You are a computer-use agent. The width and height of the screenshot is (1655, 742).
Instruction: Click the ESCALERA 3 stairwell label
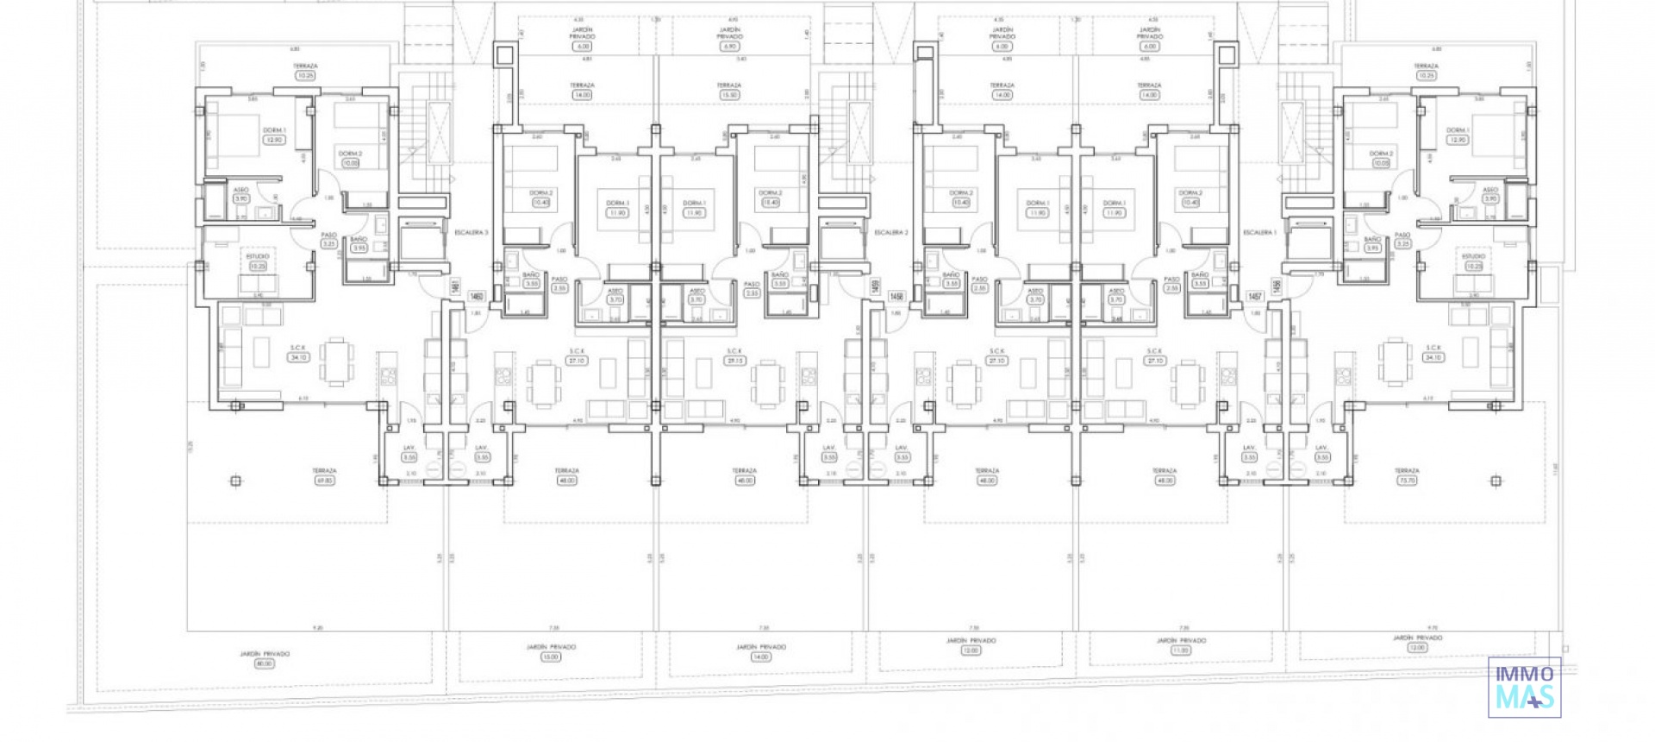click(472, 233)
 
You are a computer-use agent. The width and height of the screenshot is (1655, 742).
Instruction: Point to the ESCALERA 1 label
click(1259, 233)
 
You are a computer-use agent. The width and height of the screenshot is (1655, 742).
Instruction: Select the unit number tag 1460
click(476, 297)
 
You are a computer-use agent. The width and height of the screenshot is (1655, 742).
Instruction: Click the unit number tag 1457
click(1255, 297)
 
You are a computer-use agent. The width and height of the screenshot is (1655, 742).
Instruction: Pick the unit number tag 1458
click(896, 297)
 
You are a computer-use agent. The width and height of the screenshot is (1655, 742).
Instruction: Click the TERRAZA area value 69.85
click(324, 481)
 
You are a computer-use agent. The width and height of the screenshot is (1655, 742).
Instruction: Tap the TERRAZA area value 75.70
click(1407, 481)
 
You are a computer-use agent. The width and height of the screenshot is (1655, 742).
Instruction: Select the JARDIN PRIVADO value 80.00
click(265, 663)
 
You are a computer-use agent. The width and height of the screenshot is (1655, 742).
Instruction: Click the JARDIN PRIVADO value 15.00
click(551, 657)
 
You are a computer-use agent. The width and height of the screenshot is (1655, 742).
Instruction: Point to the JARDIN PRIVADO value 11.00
click(1181, 651)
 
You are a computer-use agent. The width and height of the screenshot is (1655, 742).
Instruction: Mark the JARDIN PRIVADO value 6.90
click(729, 47)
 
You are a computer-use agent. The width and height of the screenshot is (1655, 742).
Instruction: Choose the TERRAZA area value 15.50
click(729, 95)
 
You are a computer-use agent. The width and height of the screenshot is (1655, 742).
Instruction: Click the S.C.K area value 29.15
click(734, 361)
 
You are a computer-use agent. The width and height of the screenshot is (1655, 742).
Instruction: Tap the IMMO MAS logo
click(1524, 687)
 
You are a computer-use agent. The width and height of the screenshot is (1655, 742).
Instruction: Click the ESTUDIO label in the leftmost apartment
click(258, 256)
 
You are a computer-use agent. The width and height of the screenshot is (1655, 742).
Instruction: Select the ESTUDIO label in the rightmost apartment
click(1473, 256)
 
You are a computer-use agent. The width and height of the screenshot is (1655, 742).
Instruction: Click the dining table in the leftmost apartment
click(336, 361)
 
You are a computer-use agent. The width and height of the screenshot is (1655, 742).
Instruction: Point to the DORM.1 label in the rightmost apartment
click(1457, 130)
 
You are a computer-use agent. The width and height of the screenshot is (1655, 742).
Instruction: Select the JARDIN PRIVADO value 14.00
click(760, 657)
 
